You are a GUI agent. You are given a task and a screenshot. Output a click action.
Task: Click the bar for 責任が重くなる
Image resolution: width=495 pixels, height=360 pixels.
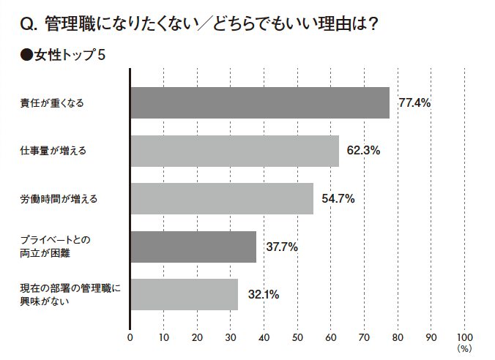pyautogui.click(x=260, y=102)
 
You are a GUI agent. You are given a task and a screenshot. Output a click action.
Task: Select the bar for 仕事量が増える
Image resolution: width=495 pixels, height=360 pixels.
pyautogui.click(x=234, y=151)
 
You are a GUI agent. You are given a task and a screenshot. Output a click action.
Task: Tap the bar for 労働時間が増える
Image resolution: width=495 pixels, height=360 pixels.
pyautogui.click(x=222, y=198)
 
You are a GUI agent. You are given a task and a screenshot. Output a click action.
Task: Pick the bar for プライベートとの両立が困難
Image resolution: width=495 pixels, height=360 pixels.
pyautogui.click(x=193, y=247)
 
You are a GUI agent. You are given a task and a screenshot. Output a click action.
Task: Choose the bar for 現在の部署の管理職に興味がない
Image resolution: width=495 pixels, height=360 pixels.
pyautogui.click(x=184, y=295)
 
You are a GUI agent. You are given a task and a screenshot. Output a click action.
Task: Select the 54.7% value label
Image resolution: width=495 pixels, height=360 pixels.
pyautogui.click(x=338, y=199)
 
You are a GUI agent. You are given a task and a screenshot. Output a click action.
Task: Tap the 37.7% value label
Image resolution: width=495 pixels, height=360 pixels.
pyautogui.click(x=281, y=247)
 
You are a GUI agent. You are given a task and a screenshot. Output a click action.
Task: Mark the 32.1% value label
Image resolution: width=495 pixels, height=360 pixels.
pyautogui.click(x=263, y=295)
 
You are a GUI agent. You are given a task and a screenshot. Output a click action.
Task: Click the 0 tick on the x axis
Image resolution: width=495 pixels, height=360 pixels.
pyautogui.click(x=130, y=337)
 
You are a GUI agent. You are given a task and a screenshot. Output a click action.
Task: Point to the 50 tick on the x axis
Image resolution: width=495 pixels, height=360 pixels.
pyautogui.click(x=298, y=337)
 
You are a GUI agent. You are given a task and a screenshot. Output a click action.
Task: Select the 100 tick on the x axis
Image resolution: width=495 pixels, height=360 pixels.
pyautogui.click(x=465, y=337)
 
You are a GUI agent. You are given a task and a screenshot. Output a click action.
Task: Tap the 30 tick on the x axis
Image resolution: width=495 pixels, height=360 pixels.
pyautogui.click(x=231, y=337)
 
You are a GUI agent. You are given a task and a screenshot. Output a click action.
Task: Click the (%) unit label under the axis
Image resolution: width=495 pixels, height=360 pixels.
pyautogui.click(x=465, y=349)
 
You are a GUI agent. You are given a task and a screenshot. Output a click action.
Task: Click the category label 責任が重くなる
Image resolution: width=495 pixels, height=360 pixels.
pyautogui.click(x=52, y=103)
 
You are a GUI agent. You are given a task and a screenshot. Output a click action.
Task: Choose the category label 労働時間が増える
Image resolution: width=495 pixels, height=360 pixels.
pyautogui.click(x=58, y=199)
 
